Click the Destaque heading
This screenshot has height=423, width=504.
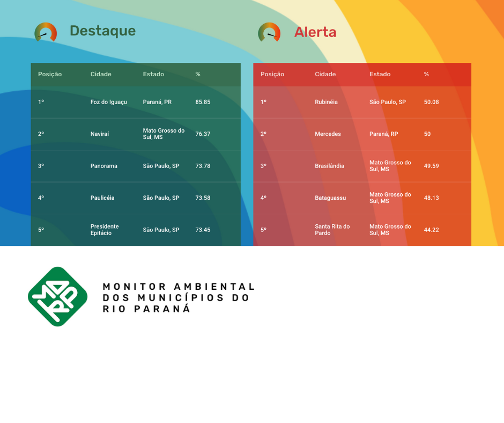(x=102, y=31)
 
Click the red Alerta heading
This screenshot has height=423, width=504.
(x=315, y=32)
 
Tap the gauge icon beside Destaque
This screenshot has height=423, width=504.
(x=46, y=32)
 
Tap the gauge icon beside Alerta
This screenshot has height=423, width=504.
(x=269, y=32)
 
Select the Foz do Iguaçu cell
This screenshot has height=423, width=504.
(x=109, y=102)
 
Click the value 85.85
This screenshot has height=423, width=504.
(x=203, y=102)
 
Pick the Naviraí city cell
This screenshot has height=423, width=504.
(x=100, y=134)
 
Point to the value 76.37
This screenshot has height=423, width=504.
(x=203, y=134)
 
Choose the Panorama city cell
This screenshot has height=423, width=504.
(x=104, y=166)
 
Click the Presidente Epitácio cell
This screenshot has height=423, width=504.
(x=105, y=230)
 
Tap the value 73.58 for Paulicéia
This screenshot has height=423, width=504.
(x=203, y=198)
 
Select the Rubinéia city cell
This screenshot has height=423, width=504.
(x=326, y=102)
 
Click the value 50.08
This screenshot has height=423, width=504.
(x=432, y=102)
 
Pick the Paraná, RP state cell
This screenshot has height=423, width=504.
(x=383, y=134)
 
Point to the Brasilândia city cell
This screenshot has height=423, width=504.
(x=329, y=166)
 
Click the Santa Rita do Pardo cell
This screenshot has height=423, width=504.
(x=332, y=230)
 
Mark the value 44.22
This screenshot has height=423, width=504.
(x=432, y=230)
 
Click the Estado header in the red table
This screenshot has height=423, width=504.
(x=380, y=74)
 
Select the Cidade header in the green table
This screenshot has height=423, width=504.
(x=101, y=74)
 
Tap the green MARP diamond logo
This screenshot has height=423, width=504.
(x=58, y=296)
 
